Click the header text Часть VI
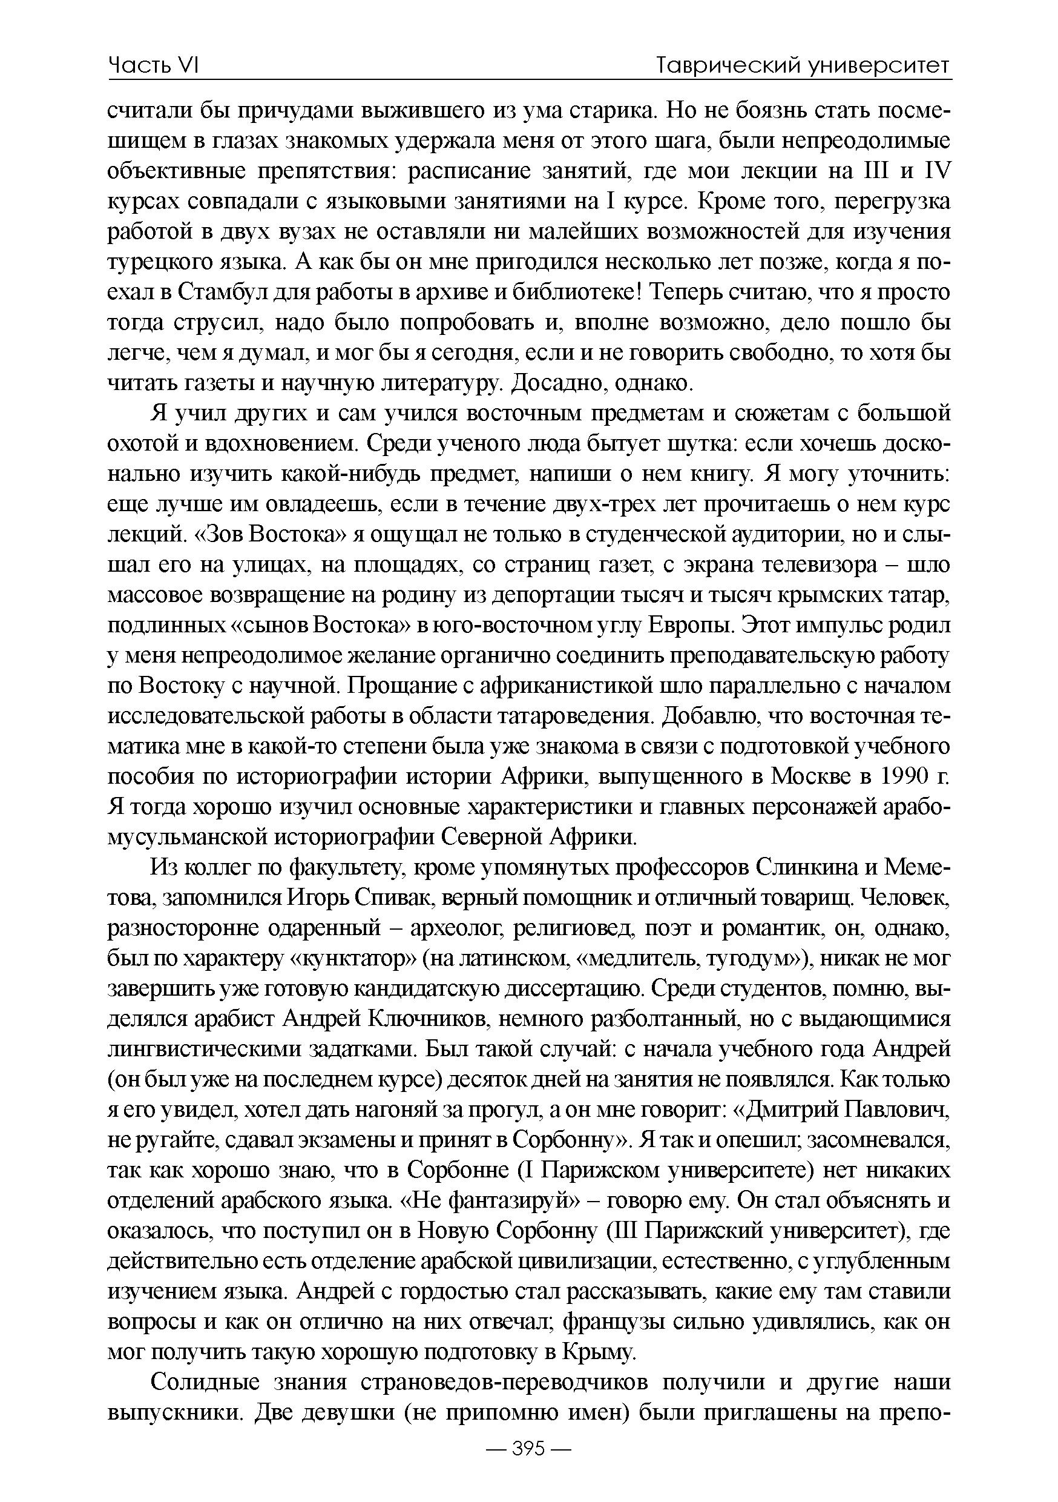coord(153,65)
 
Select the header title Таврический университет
coord(803,65)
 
